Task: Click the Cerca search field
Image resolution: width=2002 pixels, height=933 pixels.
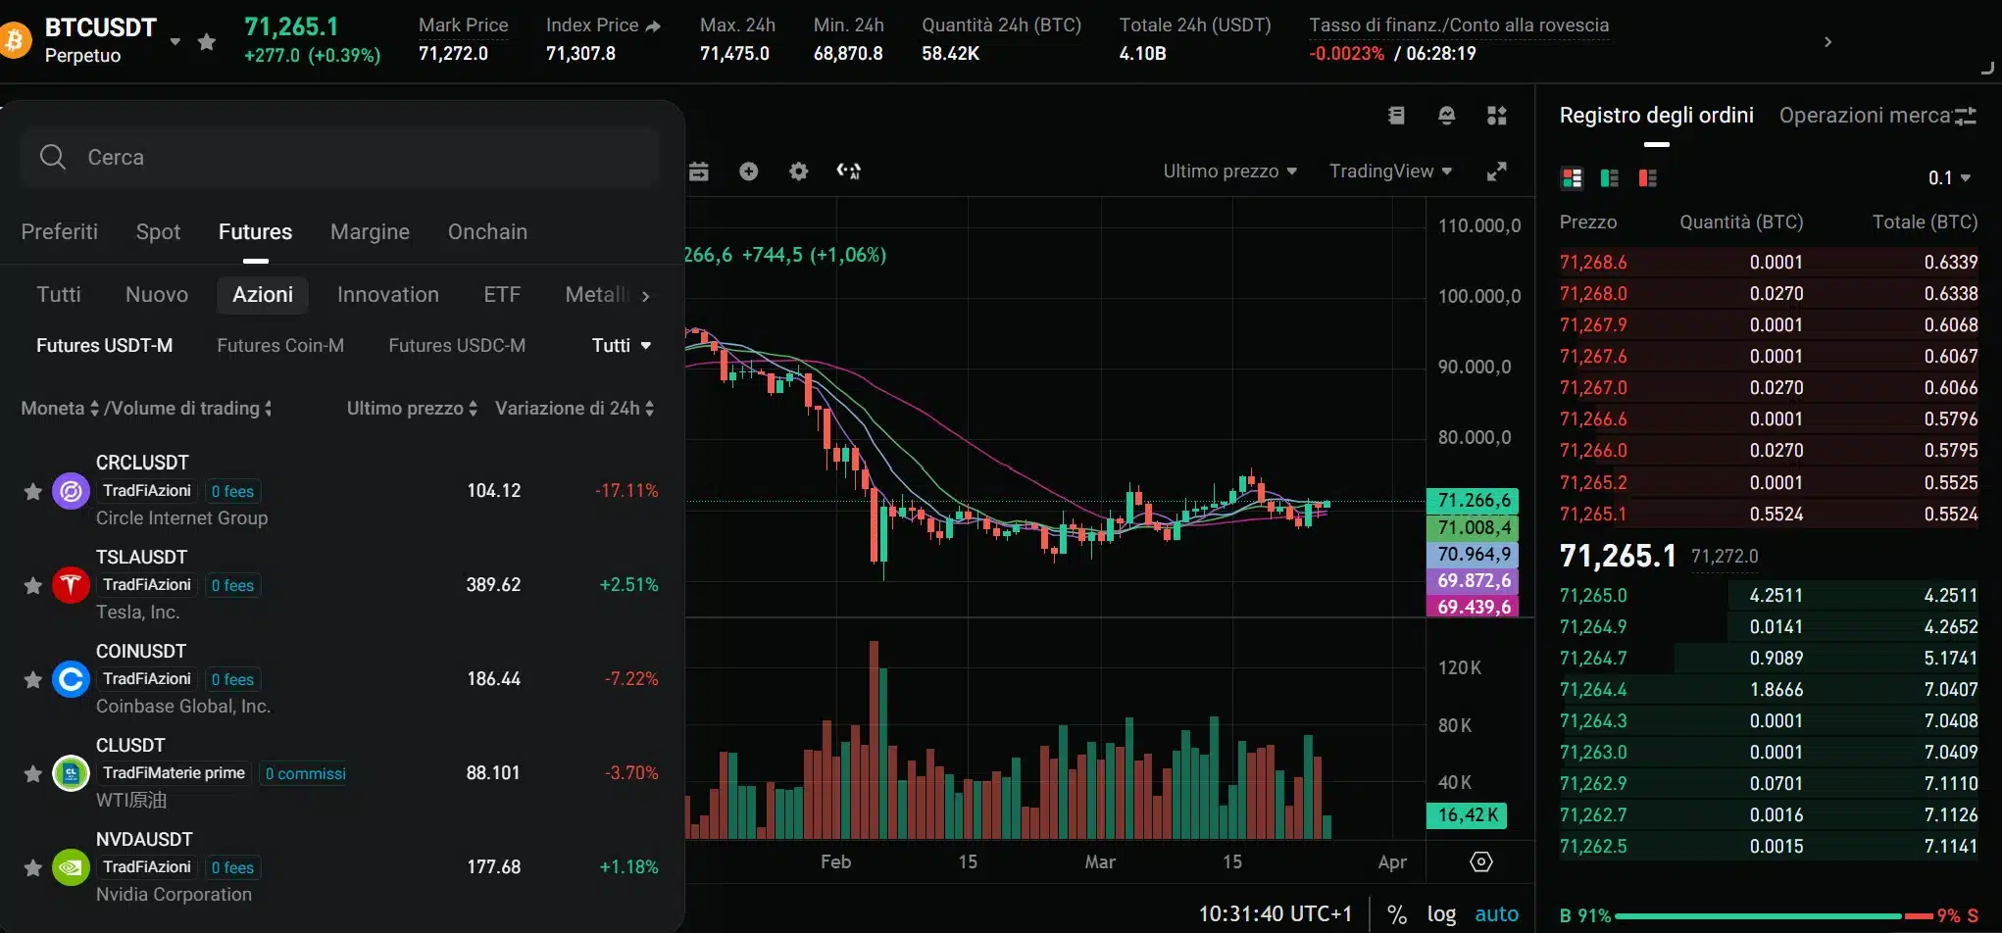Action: [338, 157]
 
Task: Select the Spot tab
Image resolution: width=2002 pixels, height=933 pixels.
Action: [158, 232]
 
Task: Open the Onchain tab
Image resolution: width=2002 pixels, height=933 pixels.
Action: [487, 232]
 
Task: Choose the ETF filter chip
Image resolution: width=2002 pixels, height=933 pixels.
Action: [502, 295]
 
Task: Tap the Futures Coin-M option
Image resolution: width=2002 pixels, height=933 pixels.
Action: [280, 346]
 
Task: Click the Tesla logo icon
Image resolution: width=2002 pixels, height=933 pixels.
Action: [71, 585]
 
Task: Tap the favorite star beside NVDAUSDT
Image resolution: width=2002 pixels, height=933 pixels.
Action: [32, 868]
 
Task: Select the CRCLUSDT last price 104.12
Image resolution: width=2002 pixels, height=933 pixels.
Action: [493, 491]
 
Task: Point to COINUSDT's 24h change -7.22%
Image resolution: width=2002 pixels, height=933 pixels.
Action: [631, 679]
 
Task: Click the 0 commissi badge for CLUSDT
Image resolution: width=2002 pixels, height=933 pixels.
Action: [305, 774]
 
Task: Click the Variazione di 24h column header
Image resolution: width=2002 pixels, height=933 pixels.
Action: [574, 409]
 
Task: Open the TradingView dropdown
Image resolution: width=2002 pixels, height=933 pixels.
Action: [1390, 172]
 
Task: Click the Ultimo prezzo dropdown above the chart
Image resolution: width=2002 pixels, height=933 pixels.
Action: [1229, 172]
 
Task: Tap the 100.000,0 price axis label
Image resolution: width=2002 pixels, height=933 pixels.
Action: [1478, 297]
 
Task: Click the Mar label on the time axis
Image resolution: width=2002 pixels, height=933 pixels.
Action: [1099, 862]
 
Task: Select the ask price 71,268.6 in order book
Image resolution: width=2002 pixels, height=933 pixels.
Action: [1593, 263]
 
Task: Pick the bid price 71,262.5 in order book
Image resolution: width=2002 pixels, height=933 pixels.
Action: [1593, 847]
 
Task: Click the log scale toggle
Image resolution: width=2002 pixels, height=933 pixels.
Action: [1440, 914]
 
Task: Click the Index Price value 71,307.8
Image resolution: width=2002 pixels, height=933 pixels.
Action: [580, 54]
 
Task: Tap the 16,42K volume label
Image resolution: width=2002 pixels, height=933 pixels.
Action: [1467, 815]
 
